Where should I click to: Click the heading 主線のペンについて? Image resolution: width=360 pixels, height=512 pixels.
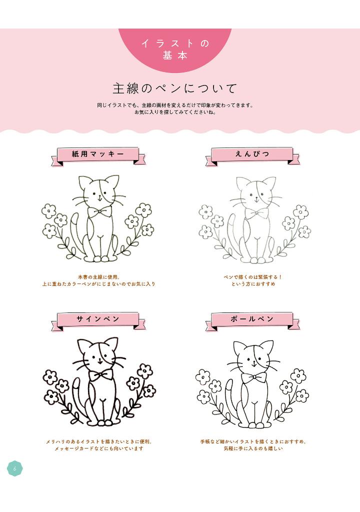(174, 88)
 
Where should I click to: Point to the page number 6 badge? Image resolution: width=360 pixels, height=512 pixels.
(14, 468)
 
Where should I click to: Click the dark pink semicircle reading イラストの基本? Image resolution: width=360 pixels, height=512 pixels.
(175, 49)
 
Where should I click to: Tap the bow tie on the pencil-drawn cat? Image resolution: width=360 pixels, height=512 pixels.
(257, 213)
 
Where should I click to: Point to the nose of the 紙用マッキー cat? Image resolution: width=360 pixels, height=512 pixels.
(99, 196)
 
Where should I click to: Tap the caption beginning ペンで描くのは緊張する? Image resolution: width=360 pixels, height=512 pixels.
(253, 280)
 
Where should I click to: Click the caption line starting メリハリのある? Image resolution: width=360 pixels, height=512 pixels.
(99, 441)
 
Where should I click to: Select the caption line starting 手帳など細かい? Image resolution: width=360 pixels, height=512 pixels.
(253, 441)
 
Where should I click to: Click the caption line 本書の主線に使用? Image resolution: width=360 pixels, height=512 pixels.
(99, 277)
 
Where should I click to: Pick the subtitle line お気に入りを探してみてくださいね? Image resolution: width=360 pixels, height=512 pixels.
(175, 112)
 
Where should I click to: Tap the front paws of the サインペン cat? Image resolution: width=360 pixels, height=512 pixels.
(101, 423)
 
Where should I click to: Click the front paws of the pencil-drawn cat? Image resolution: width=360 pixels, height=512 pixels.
(257, 260)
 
